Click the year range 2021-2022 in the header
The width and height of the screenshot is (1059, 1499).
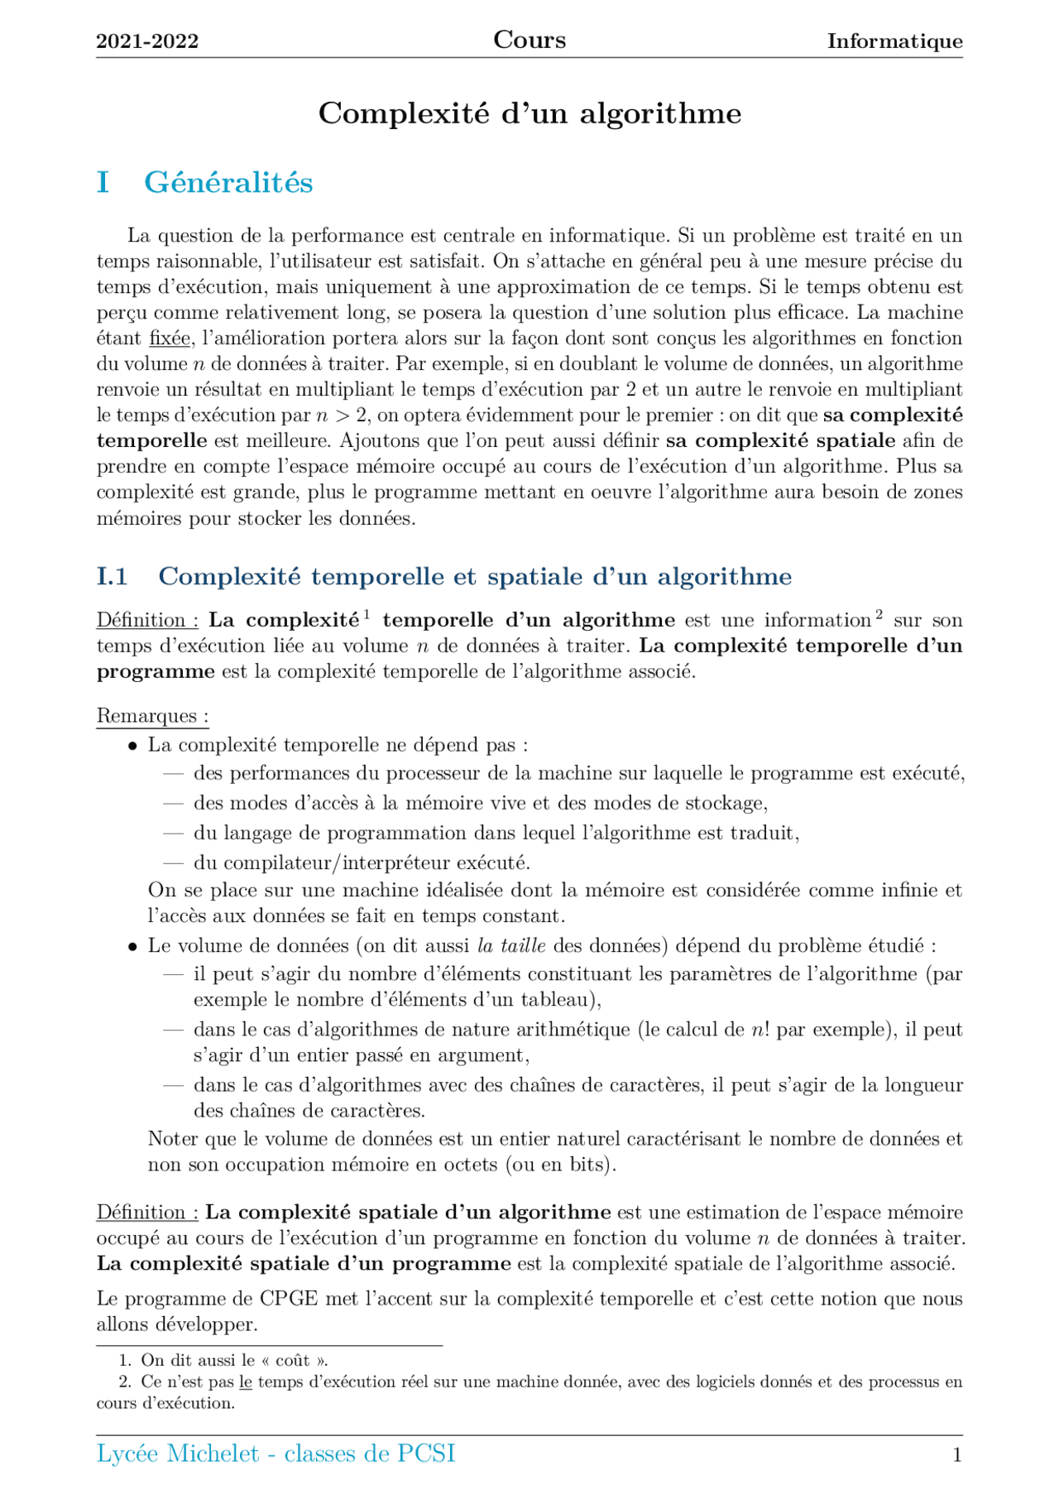[147, 41]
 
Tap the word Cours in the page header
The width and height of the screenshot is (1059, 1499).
[529, 40]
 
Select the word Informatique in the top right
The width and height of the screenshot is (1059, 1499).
[894, 41]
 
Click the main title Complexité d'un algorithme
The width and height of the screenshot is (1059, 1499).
[529, 113]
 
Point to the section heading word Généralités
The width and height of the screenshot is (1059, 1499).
[228, 182]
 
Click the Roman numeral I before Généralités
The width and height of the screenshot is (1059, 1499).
[103, 182]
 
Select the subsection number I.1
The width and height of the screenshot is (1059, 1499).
[112, 576]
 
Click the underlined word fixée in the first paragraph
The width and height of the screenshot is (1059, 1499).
[170, 339]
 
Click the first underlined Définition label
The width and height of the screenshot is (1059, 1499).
[146, 620]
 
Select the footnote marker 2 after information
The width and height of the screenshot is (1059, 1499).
[879, 614]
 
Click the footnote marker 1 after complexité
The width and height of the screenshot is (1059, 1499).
[366, 614]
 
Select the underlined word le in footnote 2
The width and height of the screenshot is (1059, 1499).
[245, 1381]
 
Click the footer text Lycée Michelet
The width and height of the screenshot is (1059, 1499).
[178, 1453]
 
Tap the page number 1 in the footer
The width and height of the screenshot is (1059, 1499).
[957, 1455]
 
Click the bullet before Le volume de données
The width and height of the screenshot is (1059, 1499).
[132, 946]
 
